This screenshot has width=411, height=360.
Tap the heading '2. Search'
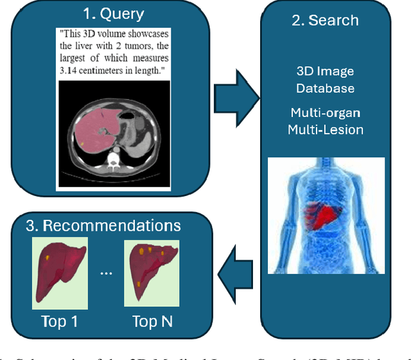coord(325,20)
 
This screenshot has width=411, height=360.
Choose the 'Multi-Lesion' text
coord(325,129)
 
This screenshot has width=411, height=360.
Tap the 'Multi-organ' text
coord(325,113)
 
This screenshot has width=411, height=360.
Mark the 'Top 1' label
coord(60,321)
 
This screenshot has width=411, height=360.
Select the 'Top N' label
coord(153,321)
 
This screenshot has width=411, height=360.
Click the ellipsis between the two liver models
coord(106,273)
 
